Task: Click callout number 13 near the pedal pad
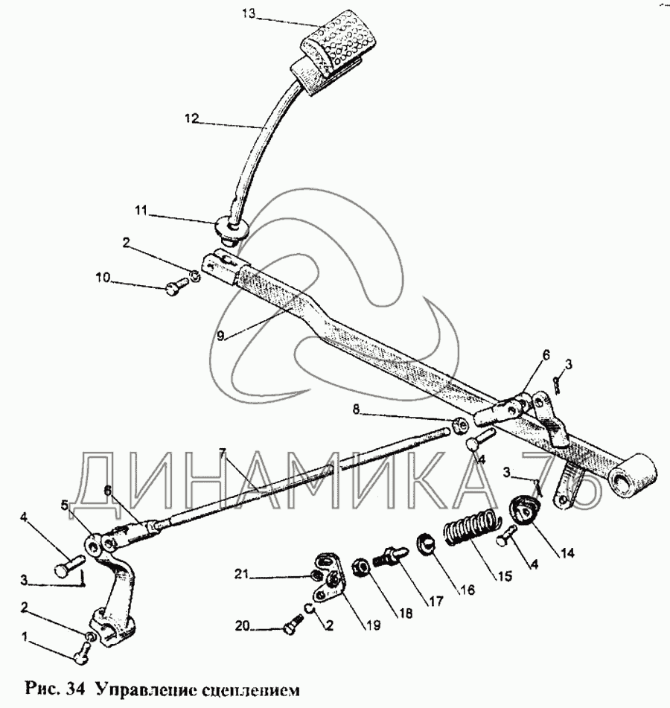[x=249, y=13]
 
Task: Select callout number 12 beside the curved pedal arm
[x=194, y=117]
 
